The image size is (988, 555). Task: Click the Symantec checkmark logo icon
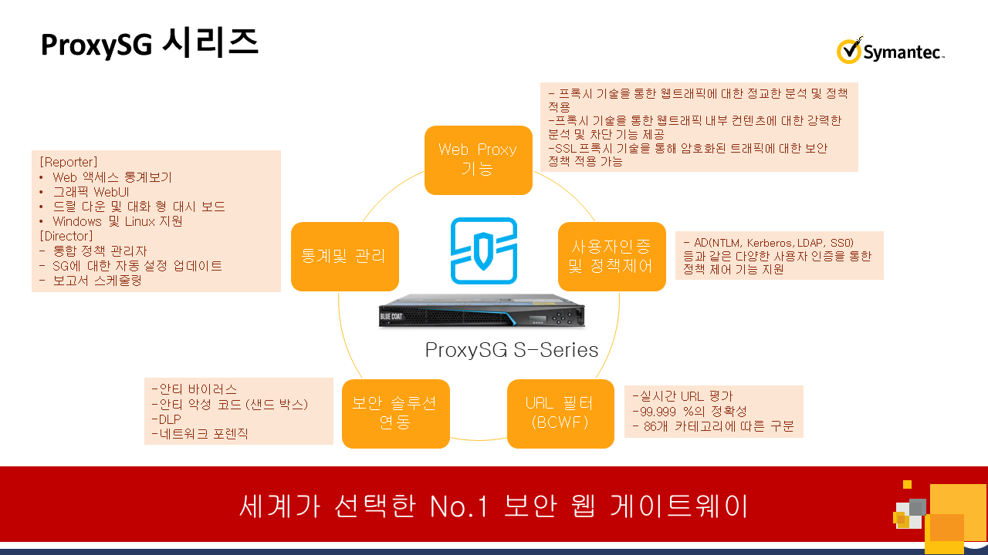point(849,51)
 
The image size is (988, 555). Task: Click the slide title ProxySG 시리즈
point(149,44)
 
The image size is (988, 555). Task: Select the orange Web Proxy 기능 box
point(478,160)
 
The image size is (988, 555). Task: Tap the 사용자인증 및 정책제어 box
point(611,257)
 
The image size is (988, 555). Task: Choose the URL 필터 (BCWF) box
point(560,413)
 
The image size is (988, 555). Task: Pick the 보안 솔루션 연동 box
point(395,413)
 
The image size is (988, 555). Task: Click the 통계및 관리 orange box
point(344,257)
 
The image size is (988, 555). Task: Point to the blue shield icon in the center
point(484,251)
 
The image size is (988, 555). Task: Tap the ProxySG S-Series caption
point(512,351)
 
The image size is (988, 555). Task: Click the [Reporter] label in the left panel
point(69,162)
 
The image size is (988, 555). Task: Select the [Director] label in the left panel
point(66,236)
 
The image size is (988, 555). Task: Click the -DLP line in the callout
point(166,419)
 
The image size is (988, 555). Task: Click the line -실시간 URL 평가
point(682,397)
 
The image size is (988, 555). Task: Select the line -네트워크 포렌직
point(200,434)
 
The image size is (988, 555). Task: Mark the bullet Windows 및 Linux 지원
point(117,221)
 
